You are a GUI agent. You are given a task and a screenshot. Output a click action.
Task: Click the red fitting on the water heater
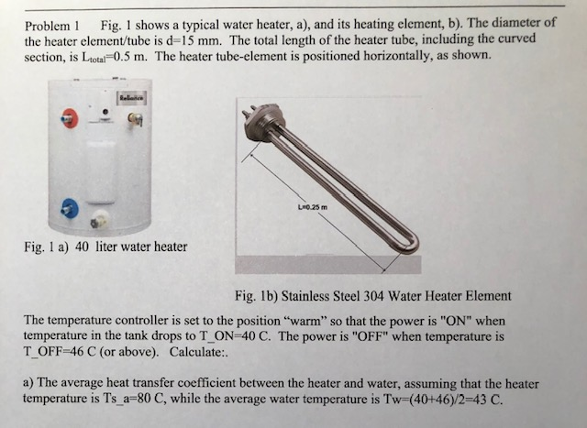(68, 115)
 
